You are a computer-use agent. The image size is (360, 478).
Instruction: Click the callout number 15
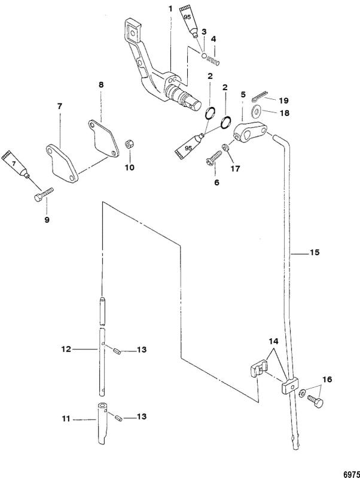(x=314, y=253)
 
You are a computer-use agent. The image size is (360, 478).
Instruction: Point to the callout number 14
(x=273, y=341)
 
